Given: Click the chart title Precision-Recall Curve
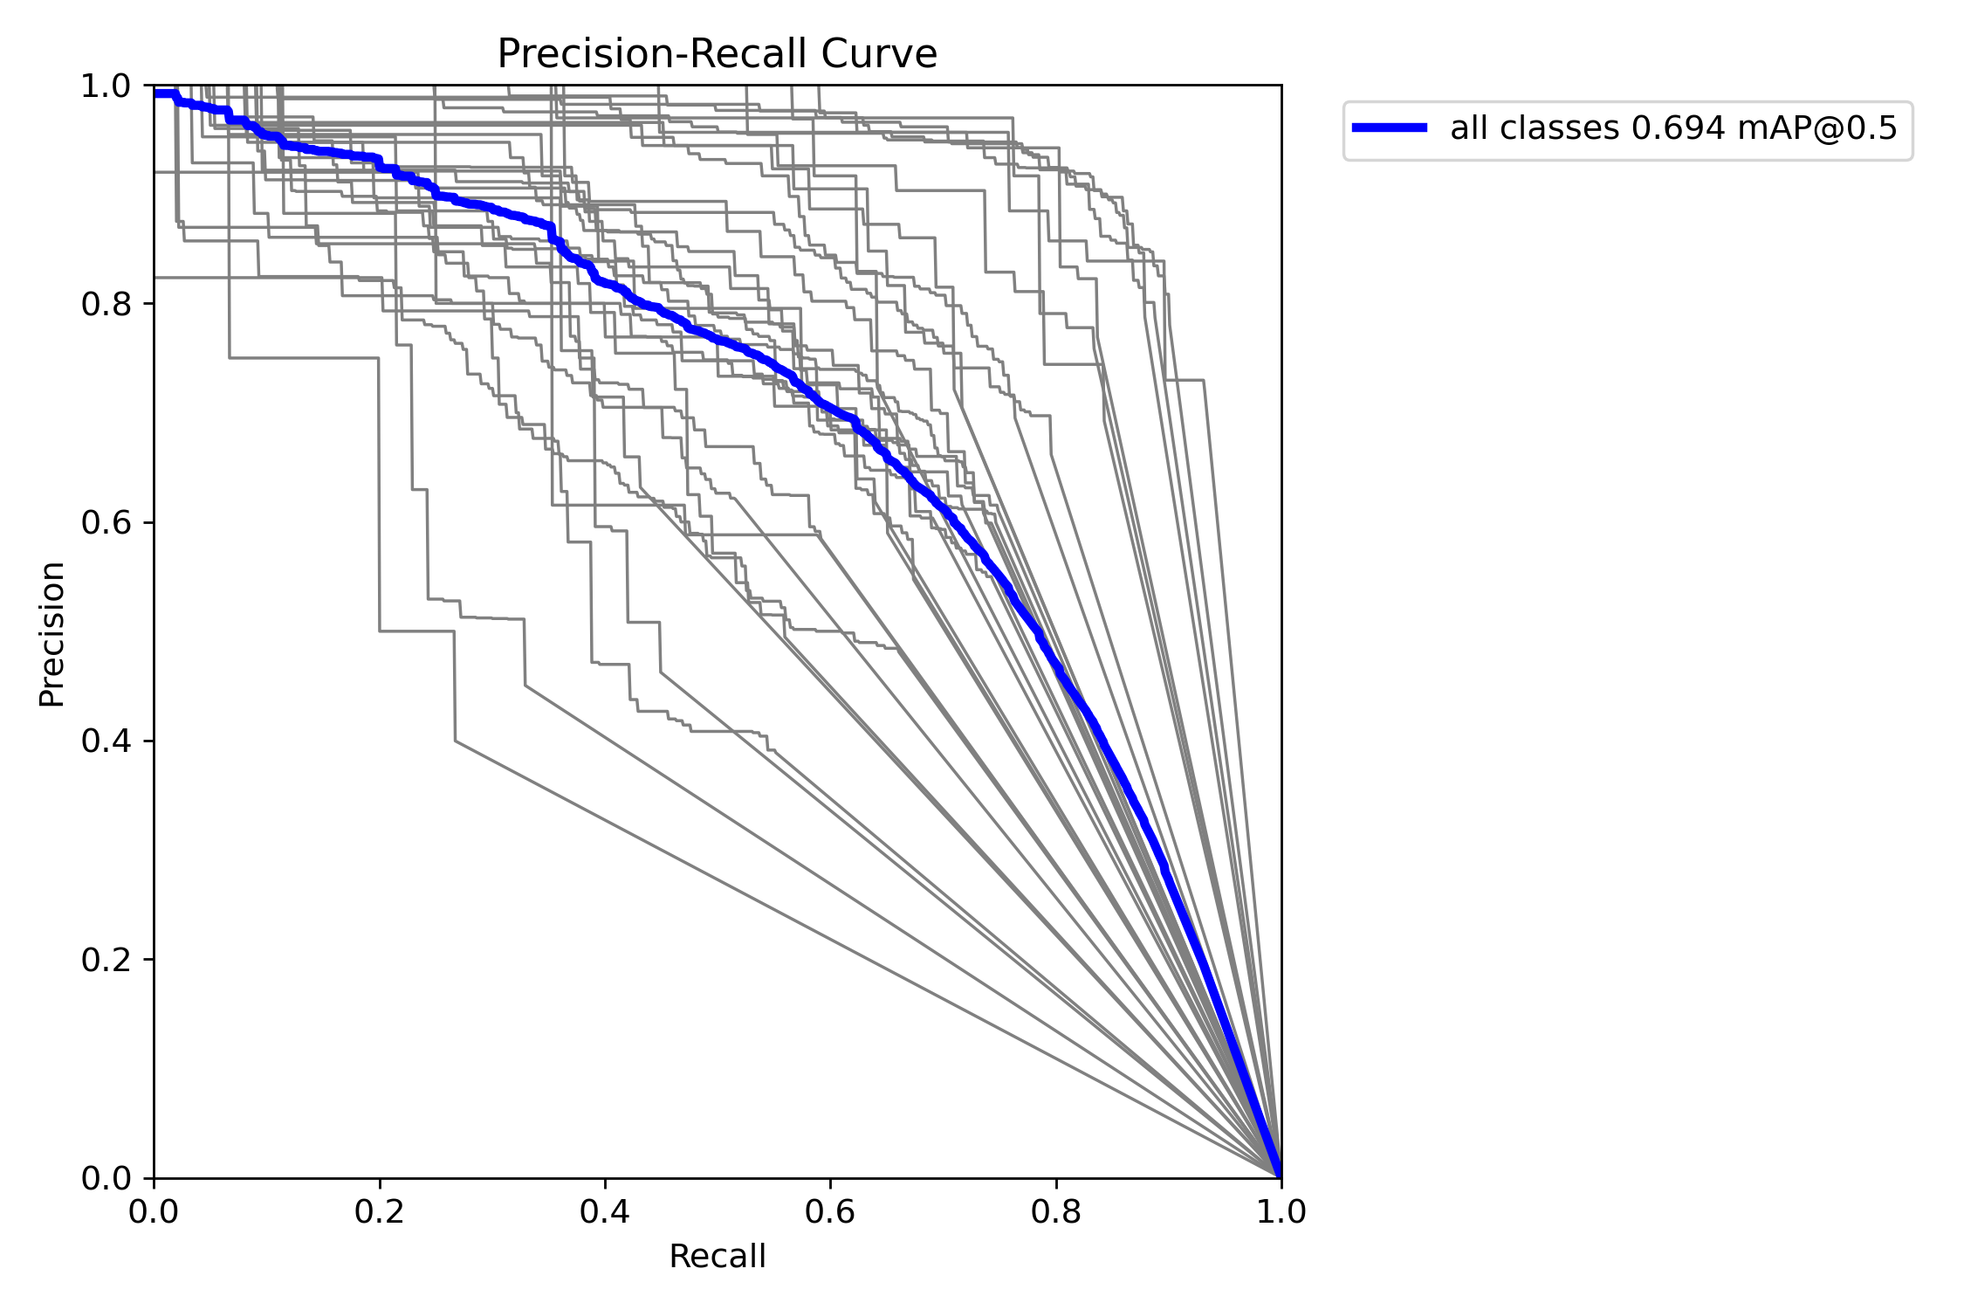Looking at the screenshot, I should pos(717,54).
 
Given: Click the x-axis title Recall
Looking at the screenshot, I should pos(717,1257).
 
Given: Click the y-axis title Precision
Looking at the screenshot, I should pos(52,633).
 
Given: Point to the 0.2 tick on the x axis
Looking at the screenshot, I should pos(379,1211).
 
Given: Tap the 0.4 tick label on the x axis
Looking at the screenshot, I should pos(604,1211).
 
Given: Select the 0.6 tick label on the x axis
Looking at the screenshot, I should pos(829,1211).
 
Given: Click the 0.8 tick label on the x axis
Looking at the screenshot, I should pos(1055,1211).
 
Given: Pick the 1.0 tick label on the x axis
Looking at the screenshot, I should pos(1281,1211).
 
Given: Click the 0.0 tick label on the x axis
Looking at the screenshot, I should pos(154,1211).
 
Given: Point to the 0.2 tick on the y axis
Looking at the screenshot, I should pos(106,960).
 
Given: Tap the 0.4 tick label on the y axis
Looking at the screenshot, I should pos(106,741).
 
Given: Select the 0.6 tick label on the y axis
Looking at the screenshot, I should pos(106,523).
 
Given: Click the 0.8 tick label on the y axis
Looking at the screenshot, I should pos(106,305).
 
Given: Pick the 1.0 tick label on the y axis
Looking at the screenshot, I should pos(106,86).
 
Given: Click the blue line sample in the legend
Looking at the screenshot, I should pos(1390,128).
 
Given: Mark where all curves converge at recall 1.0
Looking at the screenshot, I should pos(1281,1176).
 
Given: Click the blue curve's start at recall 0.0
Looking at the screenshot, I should pos(156,93).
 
